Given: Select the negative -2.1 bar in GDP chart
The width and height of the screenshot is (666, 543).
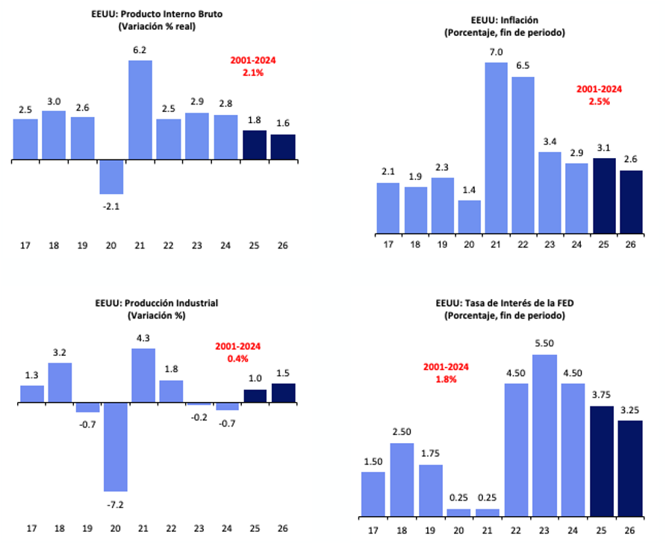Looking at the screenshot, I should (x=111, y=177).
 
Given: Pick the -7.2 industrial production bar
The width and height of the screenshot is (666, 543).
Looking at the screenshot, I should (x=116, y=447).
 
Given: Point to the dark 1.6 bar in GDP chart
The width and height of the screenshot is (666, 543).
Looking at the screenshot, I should (x=283, y=147).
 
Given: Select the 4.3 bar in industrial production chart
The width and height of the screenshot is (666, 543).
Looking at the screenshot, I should (x=143, y=375).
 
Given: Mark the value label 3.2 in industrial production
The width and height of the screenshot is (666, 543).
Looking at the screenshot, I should (x=60, y=351).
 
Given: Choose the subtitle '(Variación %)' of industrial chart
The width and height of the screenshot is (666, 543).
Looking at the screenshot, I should (x=155, y=315).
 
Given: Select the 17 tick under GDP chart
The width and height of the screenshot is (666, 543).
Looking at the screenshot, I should (x=25, y=245).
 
